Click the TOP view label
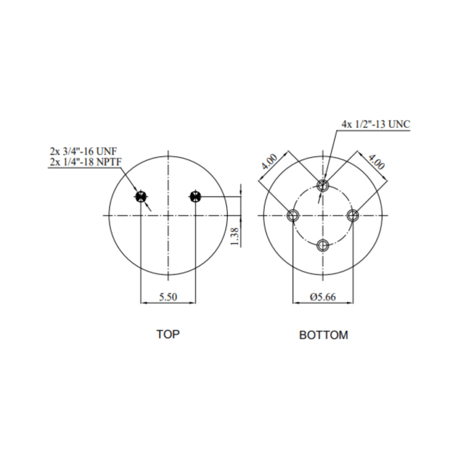point(168,334)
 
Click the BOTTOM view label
point(324,335)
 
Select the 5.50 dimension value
point(168,297)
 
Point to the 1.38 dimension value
point(234,236)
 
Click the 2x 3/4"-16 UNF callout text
point(83,151)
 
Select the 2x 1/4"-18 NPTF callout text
point(86,162)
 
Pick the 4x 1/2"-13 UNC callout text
point(375,124)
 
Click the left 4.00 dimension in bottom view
point(269,162)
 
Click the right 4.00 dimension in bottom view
point(376,162)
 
